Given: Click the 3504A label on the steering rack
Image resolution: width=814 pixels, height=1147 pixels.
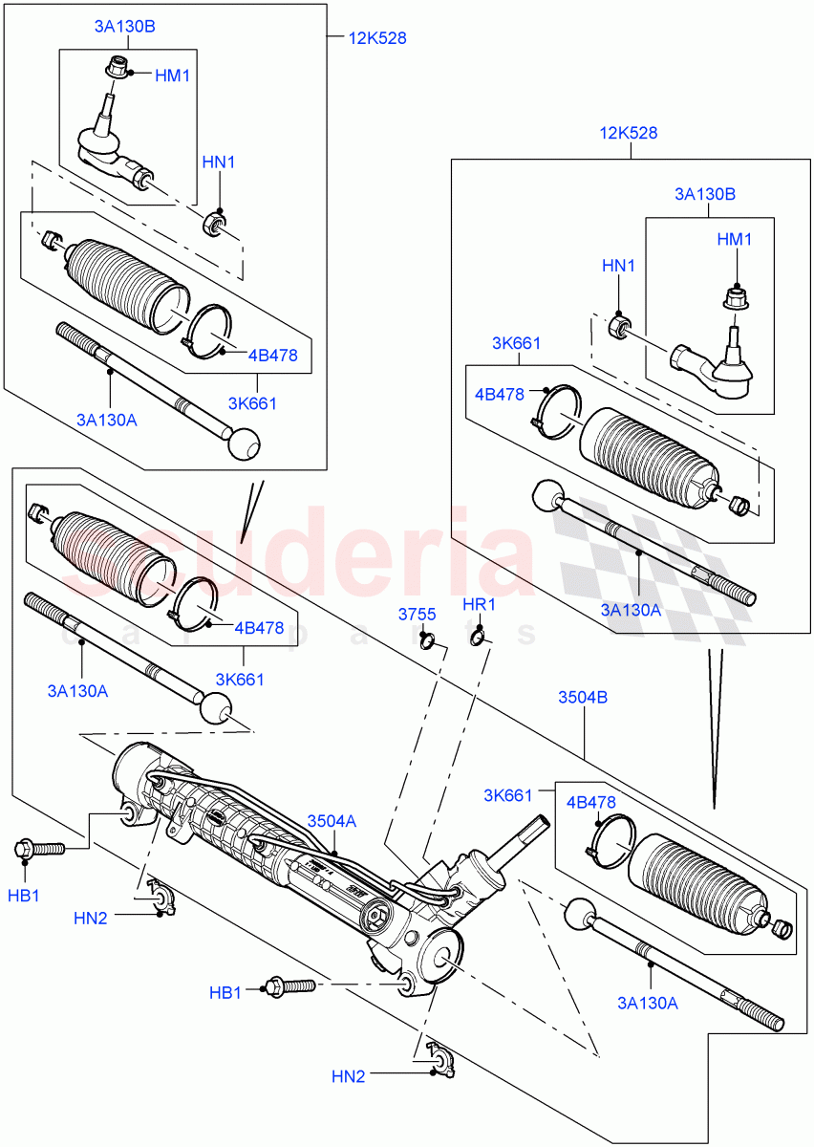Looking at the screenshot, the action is click(x=332, y=820).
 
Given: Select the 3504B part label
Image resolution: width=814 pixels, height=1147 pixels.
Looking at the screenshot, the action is click(x=583, y=698).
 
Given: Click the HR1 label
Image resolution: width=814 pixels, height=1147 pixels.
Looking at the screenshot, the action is click(x=479, y=605).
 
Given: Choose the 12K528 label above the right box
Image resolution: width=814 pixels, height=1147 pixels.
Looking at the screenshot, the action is click(x=630, y=133).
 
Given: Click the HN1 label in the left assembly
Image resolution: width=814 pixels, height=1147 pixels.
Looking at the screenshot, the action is click(x=219, y=162).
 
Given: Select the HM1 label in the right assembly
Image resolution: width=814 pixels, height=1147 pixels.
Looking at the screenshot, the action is click(x=735, y=240).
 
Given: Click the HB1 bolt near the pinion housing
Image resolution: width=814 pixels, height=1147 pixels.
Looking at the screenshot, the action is click(x=287, y=985).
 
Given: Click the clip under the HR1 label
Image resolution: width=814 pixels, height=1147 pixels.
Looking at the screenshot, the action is click(x=478, y=636).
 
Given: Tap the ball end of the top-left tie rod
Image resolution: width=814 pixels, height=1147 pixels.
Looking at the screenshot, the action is click(x=244, y=443).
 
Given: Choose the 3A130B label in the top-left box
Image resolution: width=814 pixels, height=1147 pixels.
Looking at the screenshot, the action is click(x=124, y=27).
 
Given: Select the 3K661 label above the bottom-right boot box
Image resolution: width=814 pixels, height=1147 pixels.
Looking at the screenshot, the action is click(x=506, y=794).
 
